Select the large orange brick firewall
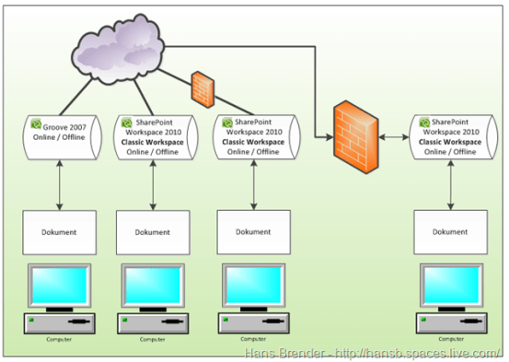pos(356,135)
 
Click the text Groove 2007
pos(67,123)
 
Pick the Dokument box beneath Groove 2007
pos(58,232)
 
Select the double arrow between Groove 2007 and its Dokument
pos(59,184)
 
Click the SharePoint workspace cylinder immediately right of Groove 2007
pos(153,136)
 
